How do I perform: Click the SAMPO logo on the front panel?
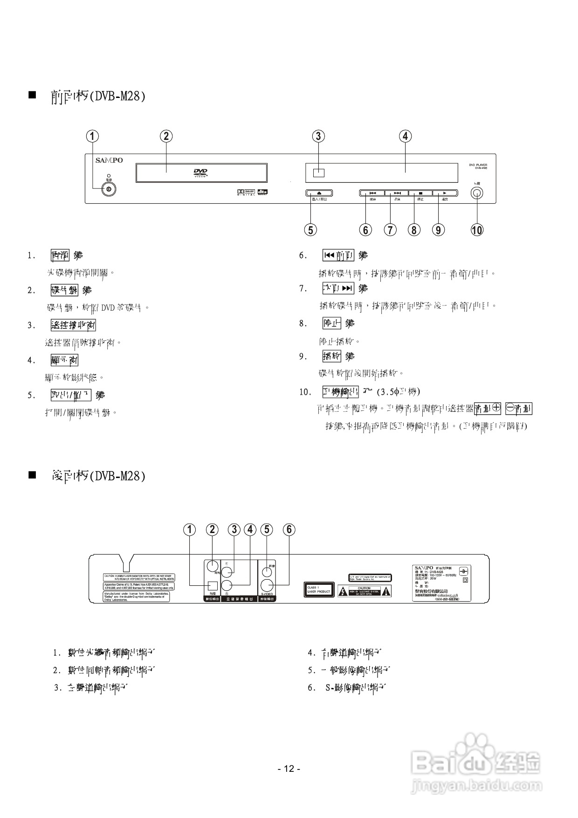click(x=109, y=160)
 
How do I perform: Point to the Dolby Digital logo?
click(x=245, y=192)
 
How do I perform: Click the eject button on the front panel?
click(x=319, y=193)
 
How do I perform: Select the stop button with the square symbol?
click(x=420, y=193)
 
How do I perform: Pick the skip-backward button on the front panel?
click(x=372, y=193)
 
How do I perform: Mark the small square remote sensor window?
click(x=318, y=172)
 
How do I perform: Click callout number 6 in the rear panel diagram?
click(x=289, y=529)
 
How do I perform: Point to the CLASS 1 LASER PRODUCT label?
click(x=319, y=589)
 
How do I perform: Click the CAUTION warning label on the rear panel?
click(x=364, y=591)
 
